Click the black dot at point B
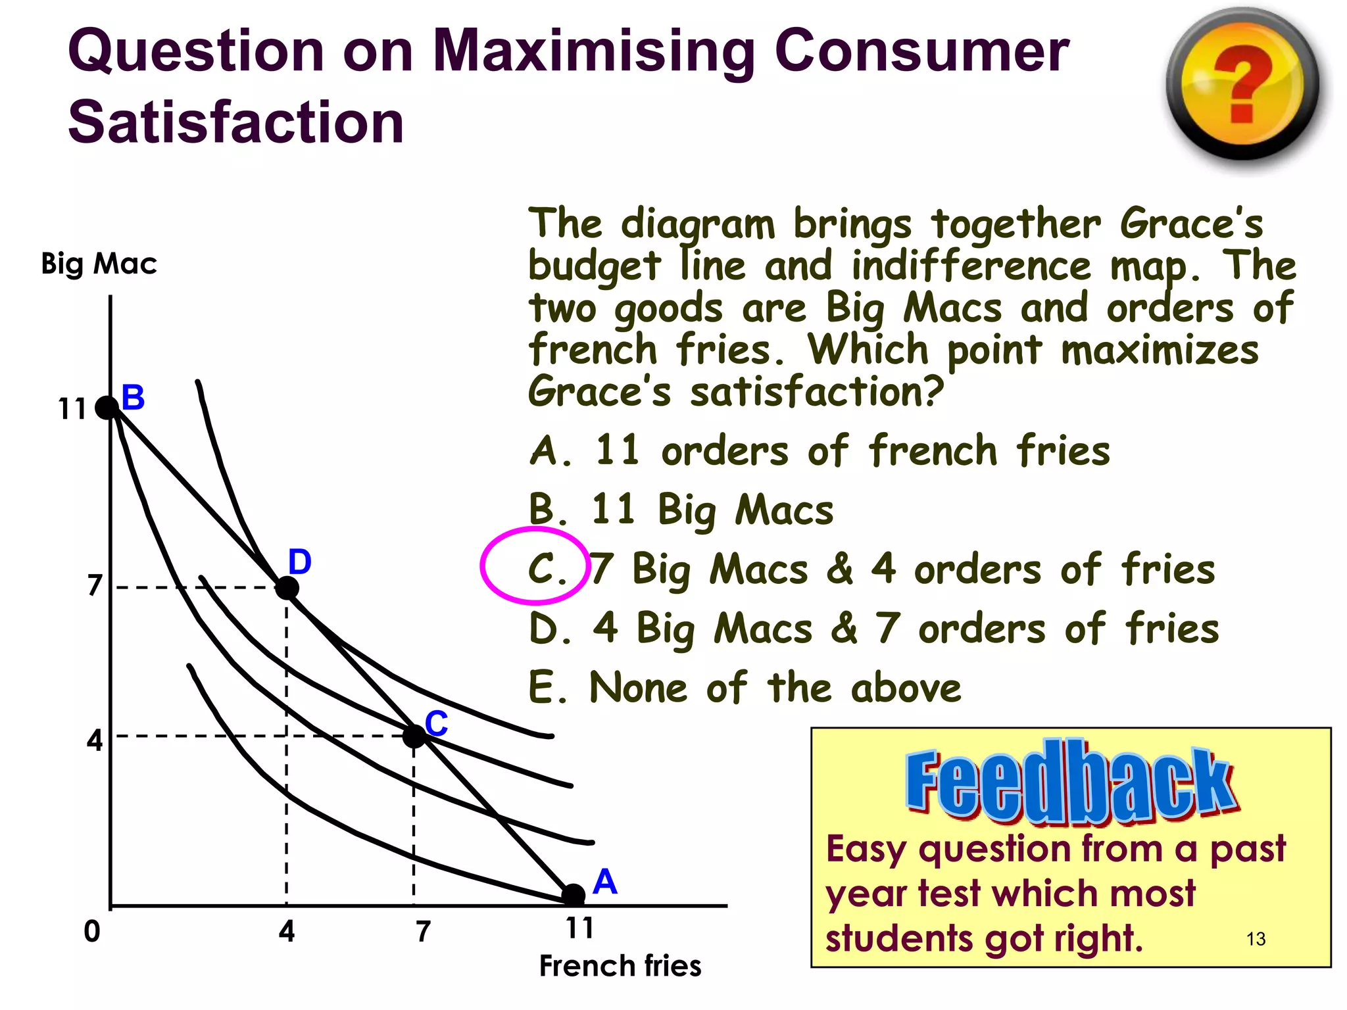click(107, 408)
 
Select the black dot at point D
click(287, 587)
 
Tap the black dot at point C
click(414, 736)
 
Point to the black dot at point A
click(574, 894)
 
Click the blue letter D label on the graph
click(300, 562)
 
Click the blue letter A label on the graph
click(604, 882)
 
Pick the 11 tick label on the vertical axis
click(72, 409)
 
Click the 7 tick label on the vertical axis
click(95, 585)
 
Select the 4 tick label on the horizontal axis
click(287, 931)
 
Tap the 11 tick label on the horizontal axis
click(579, 928)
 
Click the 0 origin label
click(92, 931)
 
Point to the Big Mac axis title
click(99, 264)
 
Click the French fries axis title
click(620, 966)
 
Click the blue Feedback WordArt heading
click(1071, 782)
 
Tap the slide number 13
click(1256, 939)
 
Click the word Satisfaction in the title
click(236, 122)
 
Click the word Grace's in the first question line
click(1191, 224)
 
